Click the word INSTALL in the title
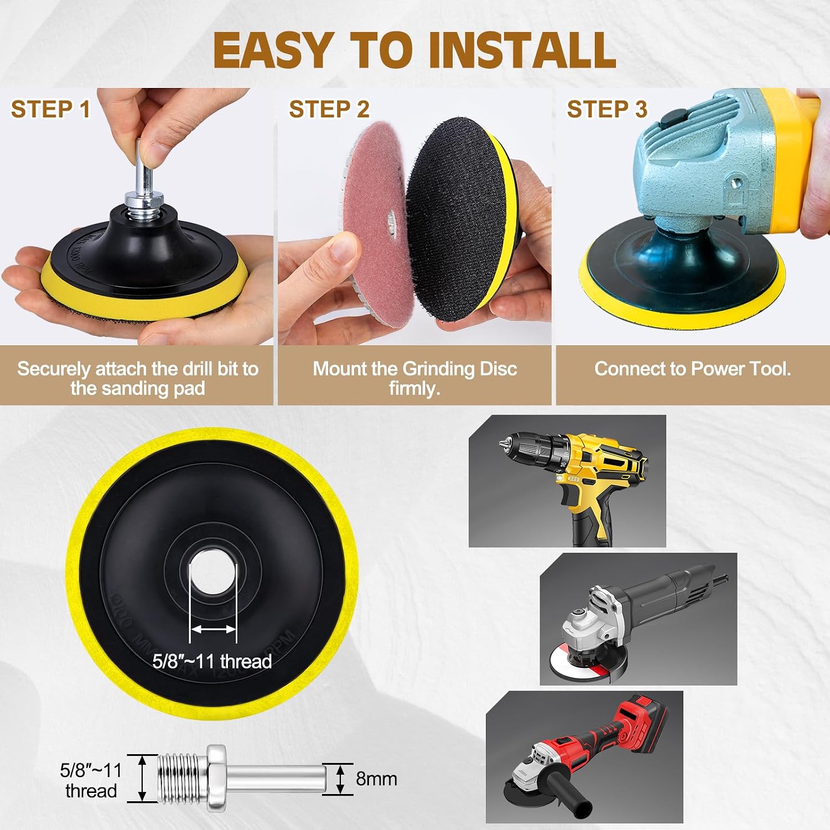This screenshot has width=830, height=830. tap(522, 50)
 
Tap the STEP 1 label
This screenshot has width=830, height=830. tap(50, 109)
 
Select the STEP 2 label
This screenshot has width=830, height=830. tap(329, 109)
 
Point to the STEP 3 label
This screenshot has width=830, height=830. tap(607, 109)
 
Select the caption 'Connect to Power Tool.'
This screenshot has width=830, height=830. tap(692, 369)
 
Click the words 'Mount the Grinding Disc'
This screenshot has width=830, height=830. tap(415, 369)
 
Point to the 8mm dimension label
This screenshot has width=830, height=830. tap(376, 779)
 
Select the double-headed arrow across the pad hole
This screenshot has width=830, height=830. tap(213, 629)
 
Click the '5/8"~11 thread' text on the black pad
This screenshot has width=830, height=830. tap(212, 661)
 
